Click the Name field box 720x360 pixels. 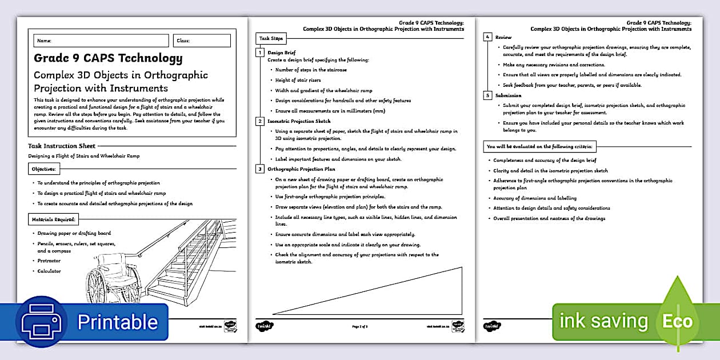click(x=101, y=41)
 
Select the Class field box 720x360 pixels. click(x=202, y=41)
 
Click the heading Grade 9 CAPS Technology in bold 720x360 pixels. click(x=108, y=58)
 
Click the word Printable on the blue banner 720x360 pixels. click(x=117, y=322)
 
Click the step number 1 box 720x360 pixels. click(x=260, y=53)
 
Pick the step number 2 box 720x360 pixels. click(x=260, y=121)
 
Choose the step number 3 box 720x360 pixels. click(x=260, y=169)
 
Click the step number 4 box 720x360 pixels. click(x=487, y=37)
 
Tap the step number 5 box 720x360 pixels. click(x=487, y=95)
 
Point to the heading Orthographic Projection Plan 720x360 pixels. click(x=301, y=169)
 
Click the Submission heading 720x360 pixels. click(x=508, y=95)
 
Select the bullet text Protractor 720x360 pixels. click(x=49, y=261)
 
